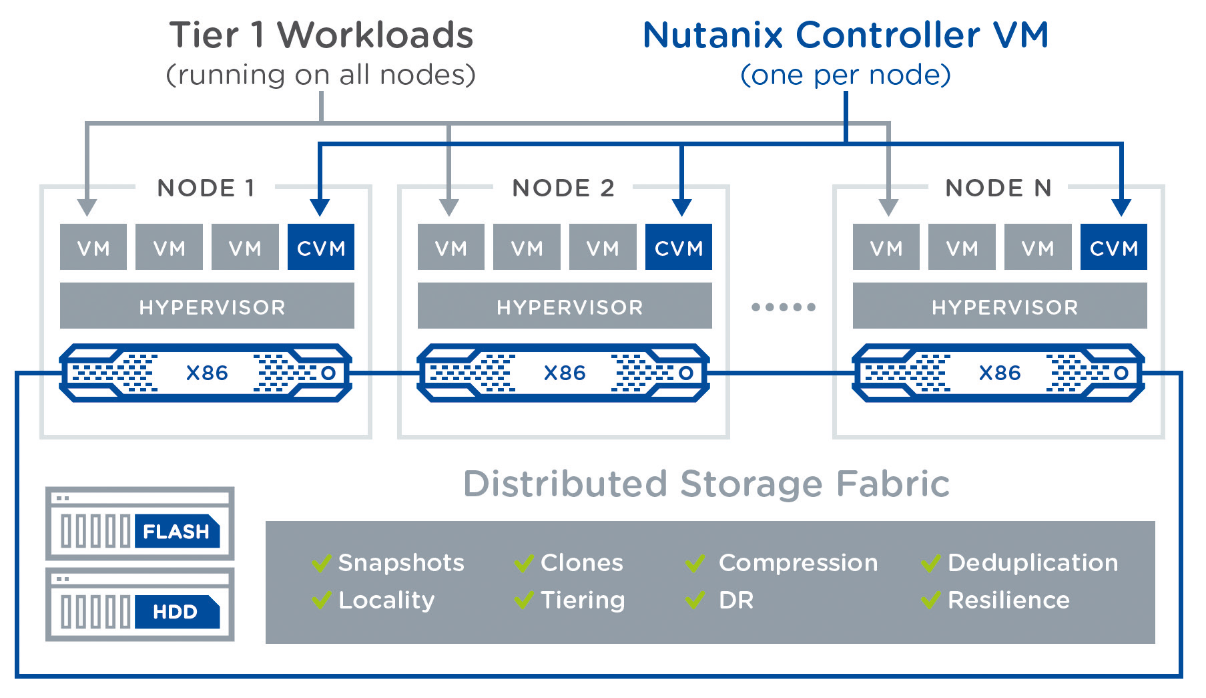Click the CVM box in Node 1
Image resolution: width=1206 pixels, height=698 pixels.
[x=320, y=248]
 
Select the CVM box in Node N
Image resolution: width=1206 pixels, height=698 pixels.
[x=1113, y=248]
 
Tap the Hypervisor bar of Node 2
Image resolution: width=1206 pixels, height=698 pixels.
[x=565, y=307]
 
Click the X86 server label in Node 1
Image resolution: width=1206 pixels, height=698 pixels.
[x=207, y=373]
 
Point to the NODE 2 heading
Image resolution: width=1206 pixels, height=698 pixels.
[x=563, y=188]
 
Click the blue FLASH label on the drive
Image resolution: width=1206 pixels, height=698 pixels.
[x=176, y=532]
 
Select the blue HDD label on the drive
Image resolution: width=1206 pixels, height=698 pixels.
[x=176, y=612]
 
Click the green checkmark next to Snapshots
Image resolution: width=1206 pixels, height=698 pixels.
[x=321, y=564]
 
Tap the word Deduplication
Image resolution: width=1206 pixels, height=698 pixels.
[x=1032, y=563]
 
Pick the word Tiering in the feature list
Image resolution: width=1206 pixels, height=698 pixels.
[x=583, y=600]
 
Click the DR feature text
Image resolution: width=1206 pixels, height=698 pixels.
[x=735, y=600]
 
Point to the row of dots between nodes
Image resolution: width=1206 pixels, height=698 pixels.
[x=783, y=307]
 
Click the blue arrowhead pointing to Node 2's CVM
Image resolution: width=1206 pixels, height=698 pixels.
[x=681, y=208]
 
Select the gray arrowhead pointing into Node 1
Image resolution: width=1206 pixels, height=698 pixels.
[x=87, y=208]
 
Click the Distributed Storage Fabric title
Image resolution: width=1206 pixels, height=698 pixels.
[x=706, y=484]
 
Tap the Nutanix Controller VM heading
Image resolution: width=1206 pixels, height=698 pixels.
[x=846, y=35]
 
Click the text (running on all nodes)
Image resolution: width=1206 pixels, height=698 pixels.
[x=321, y=75]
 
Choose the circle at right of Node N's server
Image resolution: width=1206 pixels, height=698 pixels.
[x=1121, y=373]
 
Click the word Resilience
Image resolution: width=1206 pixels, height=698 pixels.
[x=1008, y=600]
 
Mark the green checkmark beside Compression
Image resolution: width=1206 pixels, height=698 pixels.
[x=695, y=564]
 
